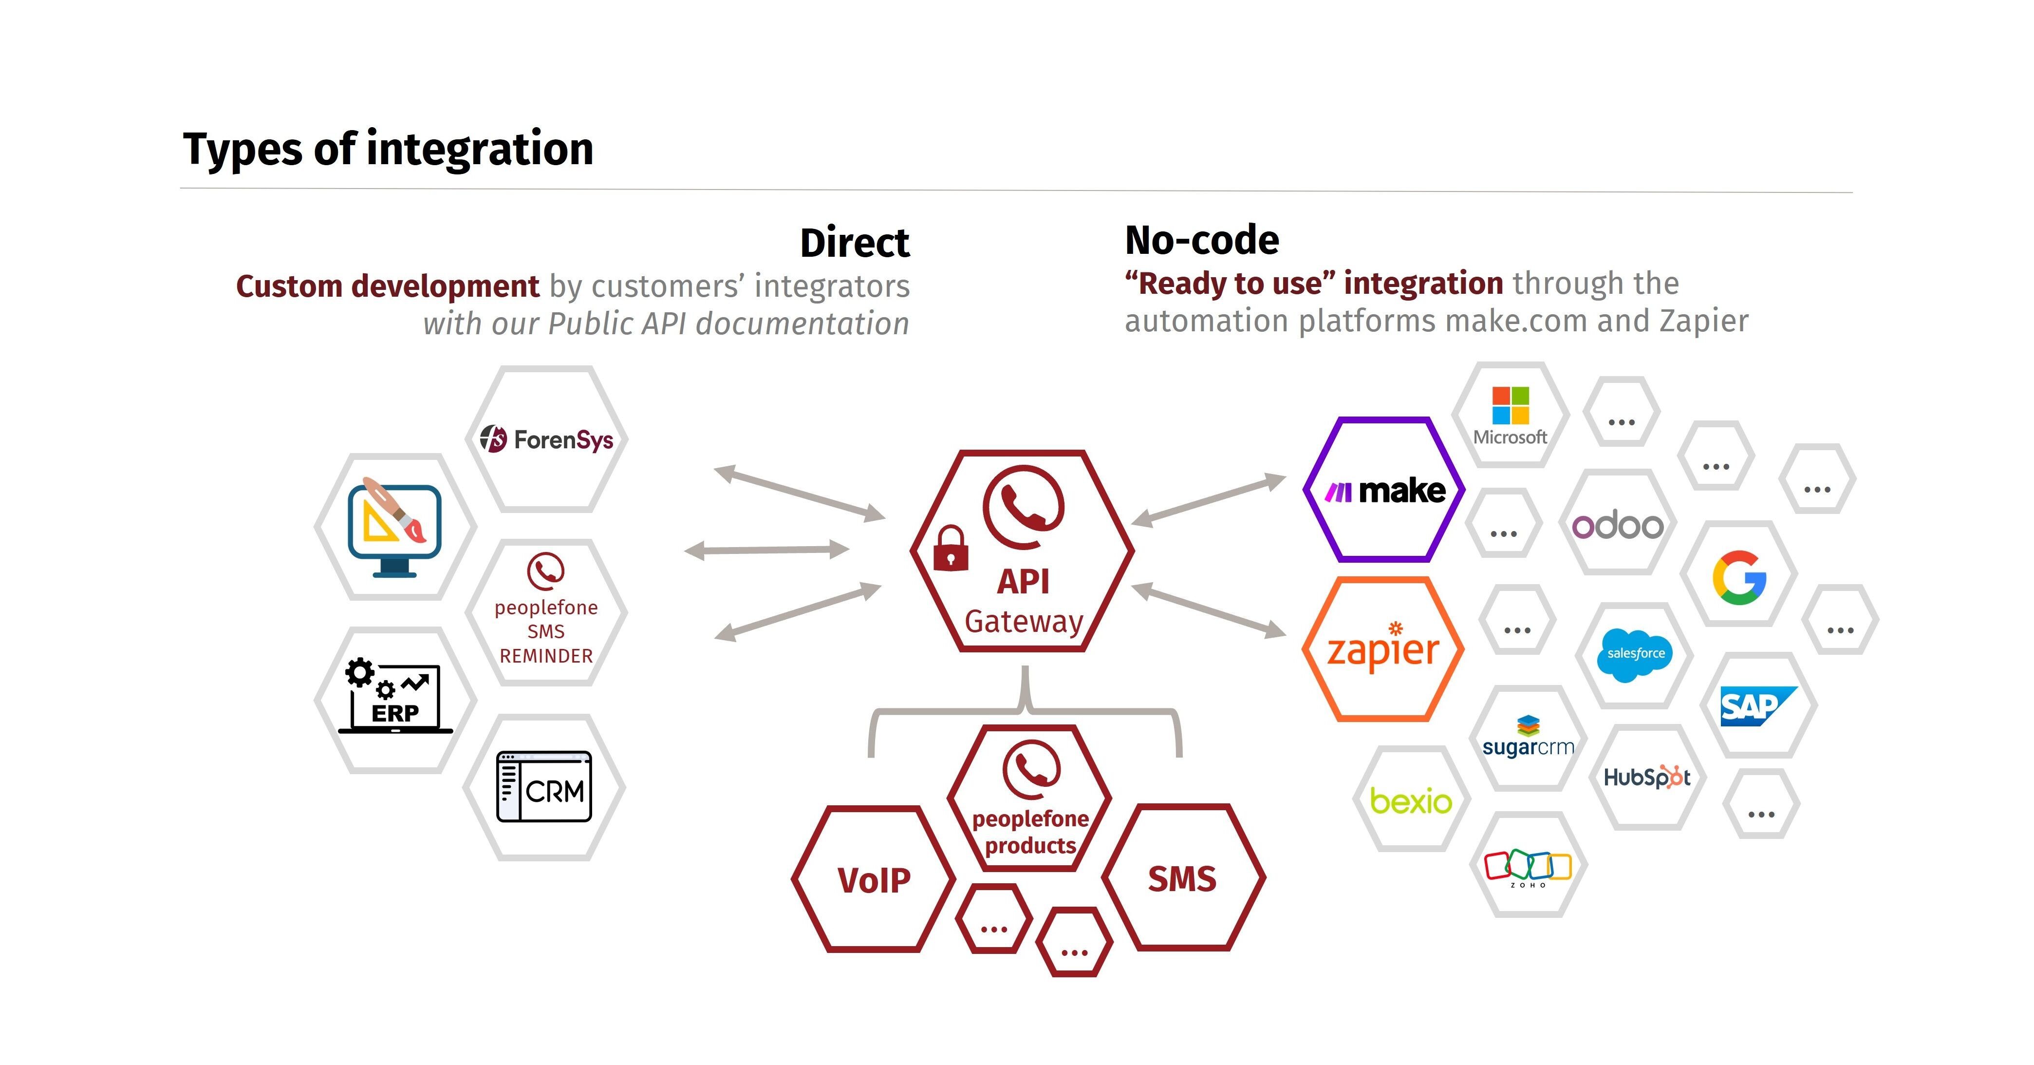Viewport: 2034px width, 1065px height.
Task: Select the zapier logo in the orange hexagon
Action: pos(1383,648)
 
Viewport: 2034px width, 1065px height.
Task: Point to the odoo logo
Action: pos(1617,525)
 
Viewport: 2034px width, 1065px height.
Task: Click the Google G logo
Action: pos(1739,577)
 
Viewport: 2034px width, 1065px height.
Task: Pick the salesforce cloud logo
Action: pos(1635,655)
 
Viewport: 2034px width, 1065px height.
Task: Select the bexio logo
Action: pos(1411,801)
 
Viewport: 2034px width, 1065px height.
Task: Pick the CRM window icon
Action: pos(544,787)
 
